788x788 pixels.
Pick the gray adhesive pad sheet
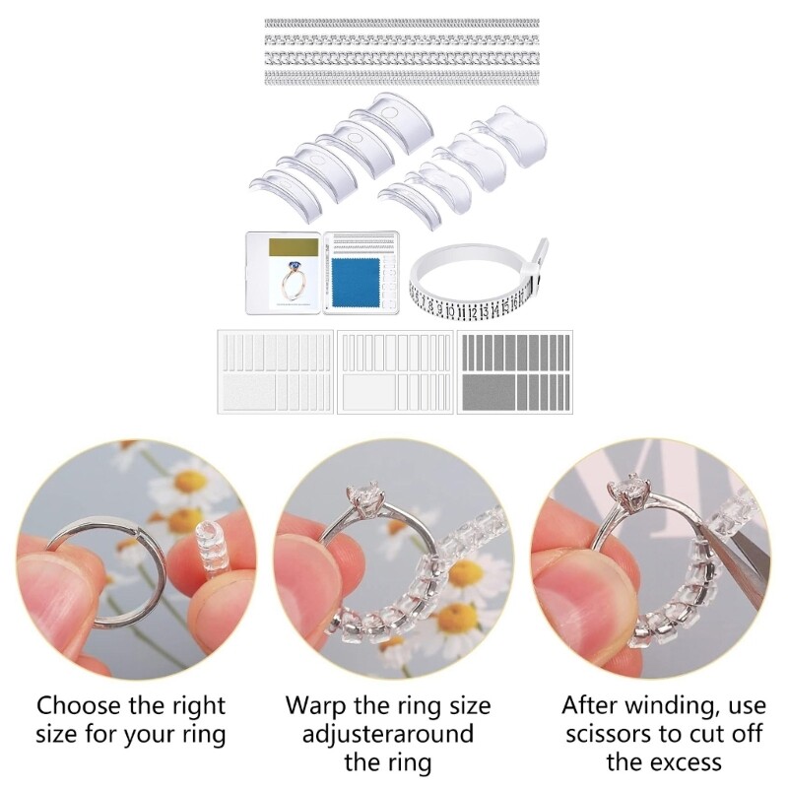pyautogui.click(x=514, y=371)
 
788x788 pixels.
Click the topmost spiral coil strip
pyautogui.click(x=402, y=23)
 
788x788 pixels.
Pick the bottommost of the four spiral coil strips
pyautogui.click(x=402, y=76)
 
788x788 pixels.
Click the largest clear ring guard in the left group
pyautogui.click(x=379, y=128)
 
